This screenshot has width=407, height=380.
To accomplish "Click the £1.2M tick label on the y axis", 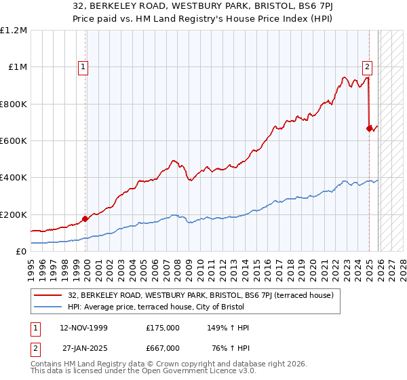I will [x=14, y=31].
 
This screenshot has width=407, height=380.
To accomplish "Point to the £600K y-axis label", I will [x=14, y=141].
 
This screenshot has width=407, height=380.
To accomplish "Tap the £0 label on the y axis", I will [x=22, y=252].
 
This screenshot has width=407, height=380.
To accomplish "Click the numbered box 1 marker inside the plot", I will [x=83, y=66].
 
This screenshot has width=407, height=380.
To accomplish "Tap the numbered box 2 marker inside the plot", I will [x=367, y=66].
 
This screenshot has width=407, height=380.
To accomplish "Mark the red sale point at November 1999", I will [x=85, y=219].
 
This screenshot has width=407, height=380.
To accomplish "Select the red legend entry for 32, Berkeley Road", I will [x=200, y=295].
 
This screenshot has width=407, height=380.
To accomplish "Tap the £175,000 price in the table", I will [x=162, y=328].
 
